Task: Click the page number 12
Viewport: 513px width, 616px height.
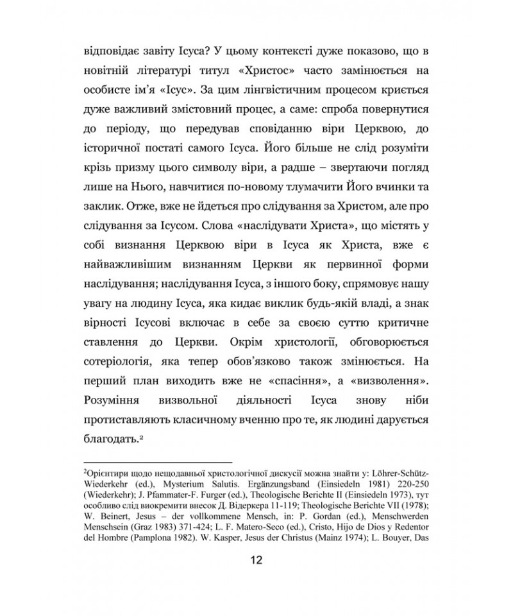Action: click(256, 560)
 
